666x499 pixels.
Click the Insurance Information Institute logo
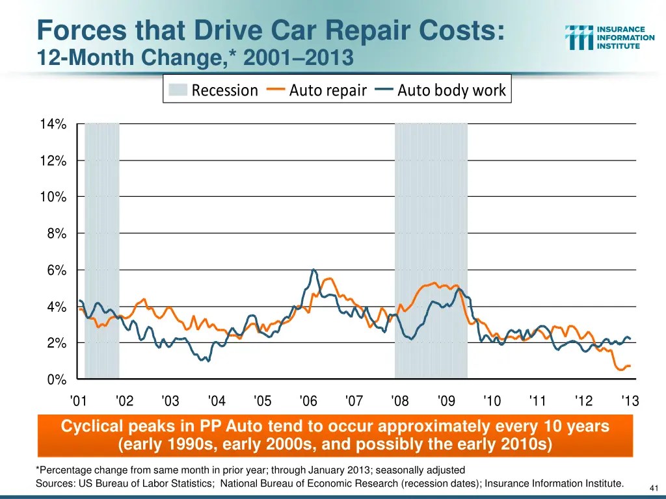click(609, 38)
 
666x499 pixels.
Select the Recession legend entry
click(213, 90)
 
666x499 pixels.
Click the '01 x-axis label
click(78, 401)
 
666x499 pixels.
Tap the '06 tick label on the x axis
click(308, 401)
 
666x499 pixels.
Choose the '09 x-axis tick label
click(446, 401)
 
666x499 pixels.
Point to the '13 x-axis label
click(630, 401)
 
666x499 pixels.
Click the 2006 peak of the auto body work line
click(314, 270)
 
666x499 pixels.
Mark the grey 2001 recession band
click(102, 250)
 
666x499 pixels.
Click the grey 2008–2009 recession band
click(431, 250)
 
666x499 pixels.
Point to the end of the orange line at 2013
click(630, 366)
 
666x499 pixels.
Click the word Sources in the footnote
click(55, 483)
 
